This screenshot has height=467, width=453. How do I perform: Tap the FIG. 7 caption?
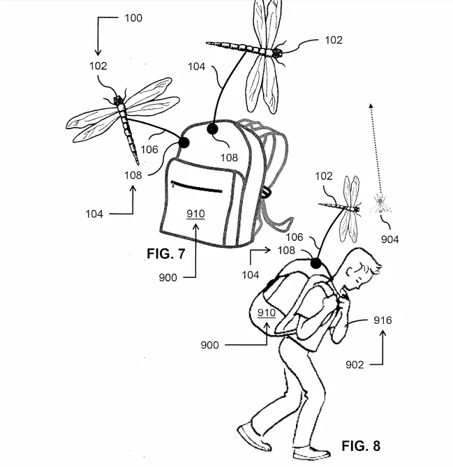coord(166,253)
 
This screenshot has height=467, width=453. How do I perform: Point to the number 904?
coord(390,239)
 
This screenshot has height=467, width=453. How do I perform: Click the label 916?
coord(383,320)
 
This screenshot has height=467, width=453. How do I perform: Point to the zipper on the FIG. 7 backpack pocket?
coord(196,187)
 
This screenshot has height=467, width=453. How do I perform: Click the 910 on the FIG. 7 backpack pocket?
coord(195,214)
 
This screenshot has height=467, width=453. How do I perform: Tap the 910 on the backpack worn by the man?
coord(267,313)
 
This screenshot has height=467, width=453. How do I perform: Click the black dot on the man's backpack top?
coord(315,265)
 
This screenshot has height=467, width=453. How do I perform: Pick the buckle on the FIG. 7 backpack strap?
coord(266,192)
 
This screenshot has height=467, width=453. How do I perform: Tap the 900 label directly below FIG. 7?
coord(168,277)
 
